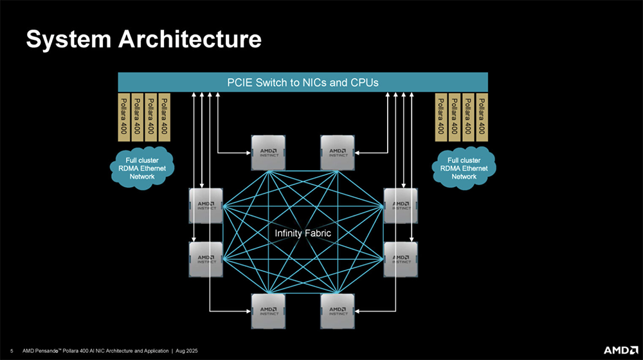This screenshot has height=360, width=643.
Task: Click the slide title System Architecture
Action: coord(143,39)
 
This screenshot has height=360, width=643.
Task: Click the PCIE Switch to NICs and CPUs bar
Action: coord(303,82)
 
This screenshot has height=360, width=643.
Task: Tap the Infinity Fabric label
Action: coord(303,233)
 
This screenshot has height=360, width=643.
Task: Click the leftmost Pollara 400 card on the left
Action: coord(124,116)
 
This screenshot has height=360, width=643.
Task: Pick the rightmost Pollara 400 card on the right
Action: coord(481,116)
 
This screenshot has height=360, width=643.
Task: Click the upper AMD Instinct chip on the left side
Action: coord(206,206)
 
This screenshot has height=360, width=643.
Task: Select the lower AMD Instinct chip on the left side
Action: coord(206,259)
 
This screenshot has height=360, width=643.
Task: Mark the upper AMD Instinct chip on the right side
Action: coord(401,206)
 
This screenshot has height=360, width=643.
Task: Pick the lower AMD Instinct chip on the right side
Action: coord(401,259)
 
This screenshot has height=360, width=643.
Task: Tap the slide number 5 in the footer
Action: coord(12,351)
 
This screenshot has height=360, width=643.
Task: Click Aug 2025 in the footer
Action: coord(187,351)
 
